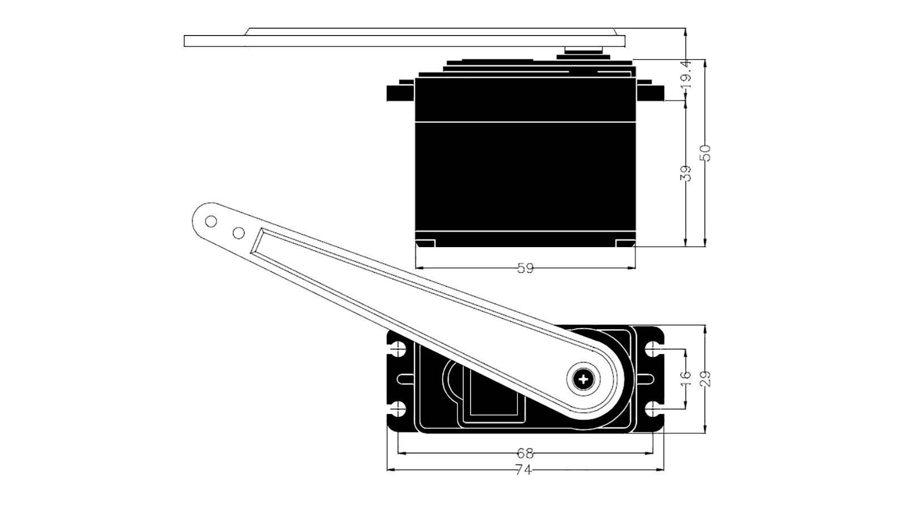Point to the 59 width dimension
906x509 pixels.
coord(525,268)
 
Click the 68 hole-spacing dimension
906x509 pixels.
coord(525,454)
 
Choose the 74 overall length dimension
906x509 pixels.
coord(523,470)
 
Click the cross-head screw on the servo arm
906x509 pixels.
coord(583,379)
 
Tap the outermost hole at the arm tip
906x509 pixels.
coord(211,221)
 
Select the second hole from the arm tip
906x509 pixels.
coord(238,232)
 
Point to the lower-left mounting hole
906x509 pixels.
coord(399,409)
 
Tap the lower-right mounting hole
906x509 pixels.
coord(653,409)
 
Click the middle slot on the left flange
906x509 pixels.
coord(405,379)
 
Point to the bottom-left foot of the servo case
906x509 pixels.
coord(425,243)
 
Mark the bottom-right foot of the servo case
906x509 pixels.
coord(625,243)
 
